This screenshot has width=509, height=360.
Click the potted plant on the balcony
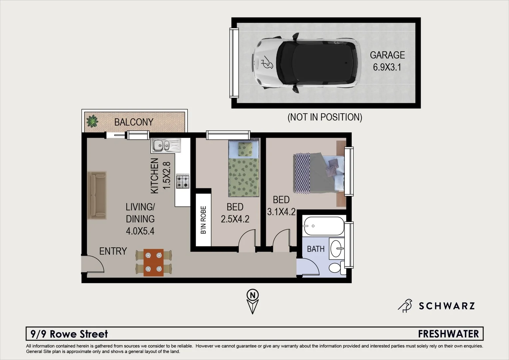coord(92,121)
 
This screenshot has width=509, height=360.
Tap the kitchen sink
coord(166,145)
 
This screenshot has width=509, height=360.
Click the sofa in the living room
coord(97,195)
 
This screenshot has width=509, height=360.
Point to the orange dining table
coord(154,262)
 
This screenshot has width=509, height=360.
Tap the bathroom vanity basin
coord(336,248)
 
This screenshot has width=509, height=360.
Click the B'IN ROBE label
coord(204,220)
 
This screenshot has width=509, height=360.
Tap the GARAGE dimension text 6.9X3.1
coord(387,67)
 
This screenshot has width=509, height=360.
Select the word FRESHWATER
coord(448,334)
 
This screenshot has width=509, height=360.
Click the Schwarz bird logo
coord(405,305)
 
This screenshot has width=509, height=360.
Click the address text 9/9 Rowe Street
coord(69,334)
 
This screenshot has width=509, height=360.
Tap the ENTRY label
coord(113,251)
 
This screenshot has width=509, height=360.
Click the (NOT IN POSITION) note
coord(324,117)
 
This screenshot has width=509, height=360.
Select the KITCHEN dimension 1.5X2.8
coord(166,175)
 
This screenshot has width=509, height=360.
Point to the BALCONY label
coord(134,122)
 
